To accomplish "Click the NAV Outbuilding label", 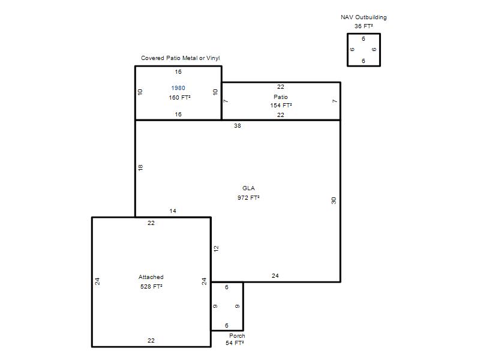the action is (x=364, y=17).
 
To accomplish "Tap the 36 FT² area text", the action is (x=364, y=26).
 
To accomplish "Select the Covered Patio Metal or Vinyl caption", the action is (x=181, y=58).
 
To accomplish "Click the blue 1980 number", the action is (x=178, y=88).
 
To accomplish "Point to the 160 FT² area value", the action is (x=179, y=98).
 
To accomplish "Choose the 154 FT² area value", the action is (x=281, y=106).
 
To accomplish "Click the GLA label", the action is (x=248, y=188).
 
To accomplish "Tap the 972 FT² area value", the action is (x=248, y=198).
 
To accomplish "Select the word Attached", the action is (x=151, y=277).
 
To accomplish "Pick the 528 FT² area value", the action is (x=151, y=287).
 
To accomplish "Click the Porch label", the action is (x=237, y=336).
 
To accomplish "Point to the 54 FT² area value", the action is (x=235, y=343).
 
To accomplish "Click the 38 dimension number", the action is (x=238, y=126).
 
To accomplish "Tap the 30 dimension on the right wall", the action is (x=334, y=200).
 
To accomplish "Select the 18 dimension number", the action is (x=140, y=167).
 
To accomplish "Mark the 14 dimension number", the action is (x=173, y=211).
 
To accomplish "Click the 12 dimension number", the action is (x=216, y=248).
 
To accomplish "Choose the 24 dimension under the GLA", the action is (x=275, y=276).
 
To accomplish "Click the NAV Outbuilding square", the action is (x=347, y=50).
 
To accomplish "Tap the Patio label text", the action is (x=281, y=97).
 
